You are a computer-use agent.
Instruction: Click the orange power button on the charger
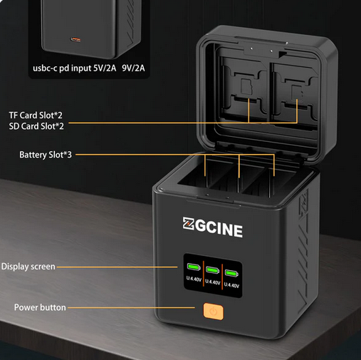tap(214, 311)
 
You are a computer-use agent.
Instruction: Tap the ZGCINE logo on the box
tap(213, 227)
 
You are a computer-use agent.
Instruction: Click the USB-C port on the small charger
tap(75, 39)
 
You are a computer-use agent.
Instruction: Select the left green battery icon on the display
tap(194, 267)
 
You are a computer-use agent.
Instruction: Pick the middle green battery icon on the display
tap(212, 270)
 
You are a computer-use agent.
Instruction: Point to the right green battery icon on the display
tap(231, 273)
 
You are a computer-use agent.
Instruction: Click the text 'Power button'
tap(40, 307)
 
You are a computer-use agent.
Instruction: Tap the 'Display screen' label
tap(28, 267)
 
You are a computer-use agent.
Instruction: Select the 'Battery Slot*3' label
tap(46, 155)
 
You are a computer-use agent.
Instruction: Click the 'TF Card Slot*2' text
tap(36, 115)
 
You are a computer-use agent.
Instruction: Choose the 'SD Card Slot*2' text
tap(36, 126)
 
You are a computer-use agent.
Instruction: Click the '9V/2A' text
tap(133, 68)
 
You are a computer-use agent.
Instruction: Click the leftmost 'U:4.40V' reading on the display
tap(194, 279)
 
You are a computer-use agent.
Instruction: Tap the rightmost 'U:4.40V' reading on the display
tap(231, 285)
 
